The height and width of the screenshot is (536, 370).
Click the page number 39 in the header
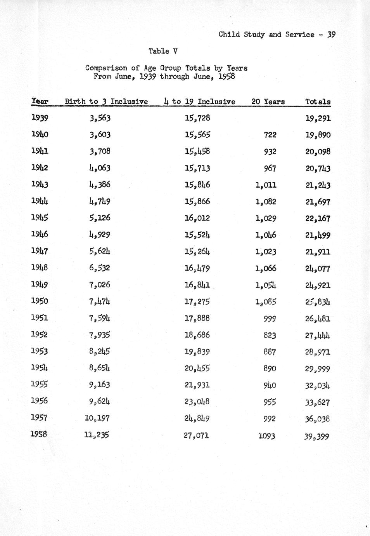coord(331,34)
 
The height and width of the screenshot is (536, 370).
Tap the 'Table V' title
coord(163,51)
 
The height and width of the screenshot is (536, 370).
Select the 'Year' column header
coord(40,101)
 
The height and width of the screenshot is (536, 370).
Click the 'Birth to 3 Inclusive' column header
coord(106,101)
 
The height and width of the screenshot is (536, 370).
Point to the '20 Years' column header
coord(268,102)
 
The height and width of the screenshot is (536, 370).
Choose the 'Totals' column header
coord(318,102)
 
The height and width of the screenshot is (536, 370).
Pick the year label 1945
coord(40,218)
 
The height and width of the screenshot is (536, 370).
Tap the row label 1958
coord(39,434)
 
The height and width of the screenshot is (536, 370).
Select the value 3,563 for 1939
coord(100,118)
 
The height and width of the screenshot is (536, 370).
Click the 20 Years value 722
coord(270,135)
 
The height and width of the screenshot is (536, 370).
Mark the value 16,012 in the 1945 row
coord(197,218)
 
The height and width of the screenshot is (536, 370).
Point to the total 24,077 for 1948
coord(318,268)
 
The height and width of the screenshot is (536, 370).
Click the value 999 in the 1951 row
coord(270,318)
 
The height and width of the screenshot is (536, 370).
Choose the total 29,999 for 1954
coord(318,369)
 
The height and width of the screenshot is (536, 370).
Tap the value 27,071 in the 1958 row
coord(197,435)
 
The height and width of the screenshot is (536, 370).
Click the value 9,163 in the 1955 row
coord(99,385)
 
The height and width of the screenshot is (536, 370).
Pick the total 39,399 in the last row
coord(317,436)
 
